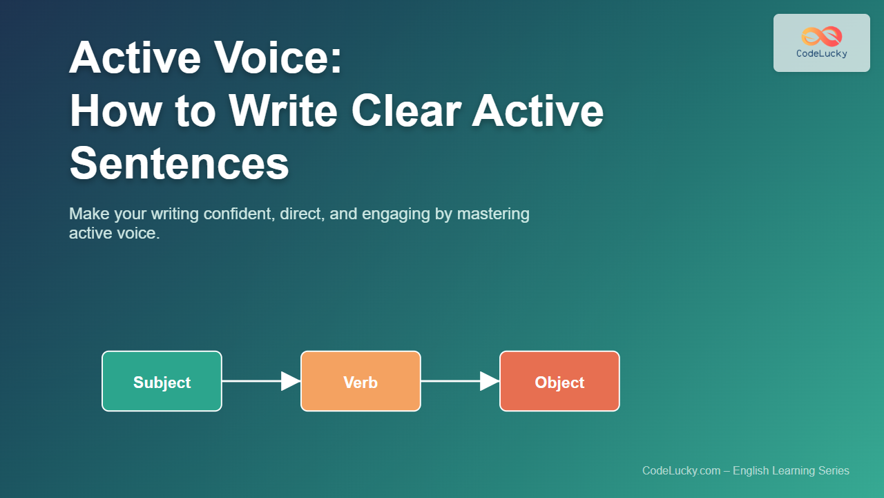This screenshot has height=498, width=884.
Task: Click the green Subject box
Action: point(162,381)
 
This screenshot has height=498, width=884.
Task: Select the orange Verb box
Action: point(361,381)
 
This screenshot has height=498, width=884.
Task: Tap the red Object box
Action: point(559,381)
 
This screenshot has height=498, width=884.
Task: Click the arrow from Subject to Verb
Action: point(261,381)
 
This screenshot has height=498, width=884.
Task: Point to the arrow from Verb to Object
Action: point(460,381)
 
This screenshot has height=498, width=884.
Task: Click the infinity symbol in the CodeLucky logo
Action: point(822,37)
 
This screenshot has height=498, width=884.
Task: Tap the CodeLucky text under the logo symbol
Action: point(822,53)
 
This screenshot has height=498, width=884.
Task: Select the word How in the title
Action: point(116,111)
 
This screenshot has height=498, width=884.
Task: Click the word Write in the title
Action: point(283,111)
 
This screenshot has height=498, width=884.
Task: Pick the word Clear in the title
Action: point(407,111)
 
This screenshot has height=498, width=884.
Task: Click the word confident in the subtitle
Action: point(239,214)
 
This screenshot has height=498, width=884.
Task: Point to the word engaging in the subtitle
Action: point(396,214)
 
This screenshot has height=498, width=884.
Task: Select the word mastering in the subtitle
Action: point(493,214)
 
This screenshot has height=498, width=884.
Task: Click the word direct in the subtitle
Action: point(302,214)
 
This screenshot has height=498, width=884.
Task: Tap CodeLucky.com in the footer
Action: point(682,471)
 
